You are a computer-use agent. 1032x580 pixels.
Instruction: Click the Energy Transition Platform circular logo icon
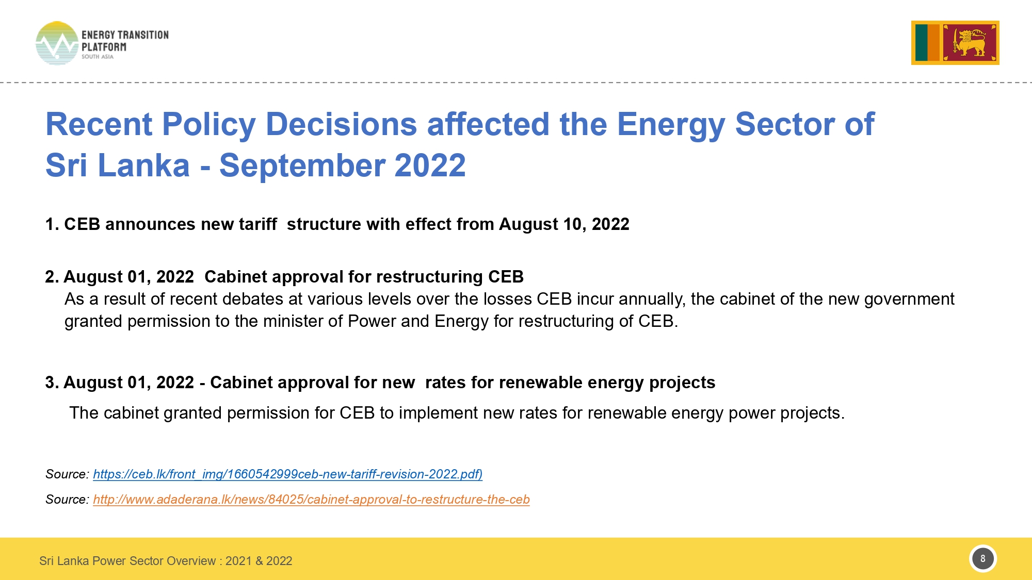[57, 43]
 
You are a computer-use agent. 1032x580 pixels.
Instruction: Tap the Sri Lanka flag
[955, 43]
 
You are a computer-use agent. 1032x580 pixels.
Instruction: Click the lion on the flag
[969, 42]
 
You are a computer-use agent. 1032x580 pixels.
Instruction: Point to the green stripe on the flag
[921, 43]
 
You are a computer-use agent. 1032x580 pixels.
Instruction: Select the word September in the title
[302, 165]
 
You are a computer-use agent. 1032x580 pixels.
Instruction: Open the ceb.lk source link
[288, 474]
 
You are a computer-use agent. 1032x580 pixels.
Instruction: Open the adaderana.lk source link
[311, 500]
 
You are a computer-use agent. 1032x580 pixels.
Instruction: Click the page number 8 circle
[983, 558]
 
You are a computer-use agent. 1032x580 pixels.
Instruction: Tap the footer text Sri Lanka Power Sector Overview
[127, 561]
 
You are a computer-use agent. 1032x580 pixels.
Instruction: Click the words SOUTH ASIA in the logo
[98, 57]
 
